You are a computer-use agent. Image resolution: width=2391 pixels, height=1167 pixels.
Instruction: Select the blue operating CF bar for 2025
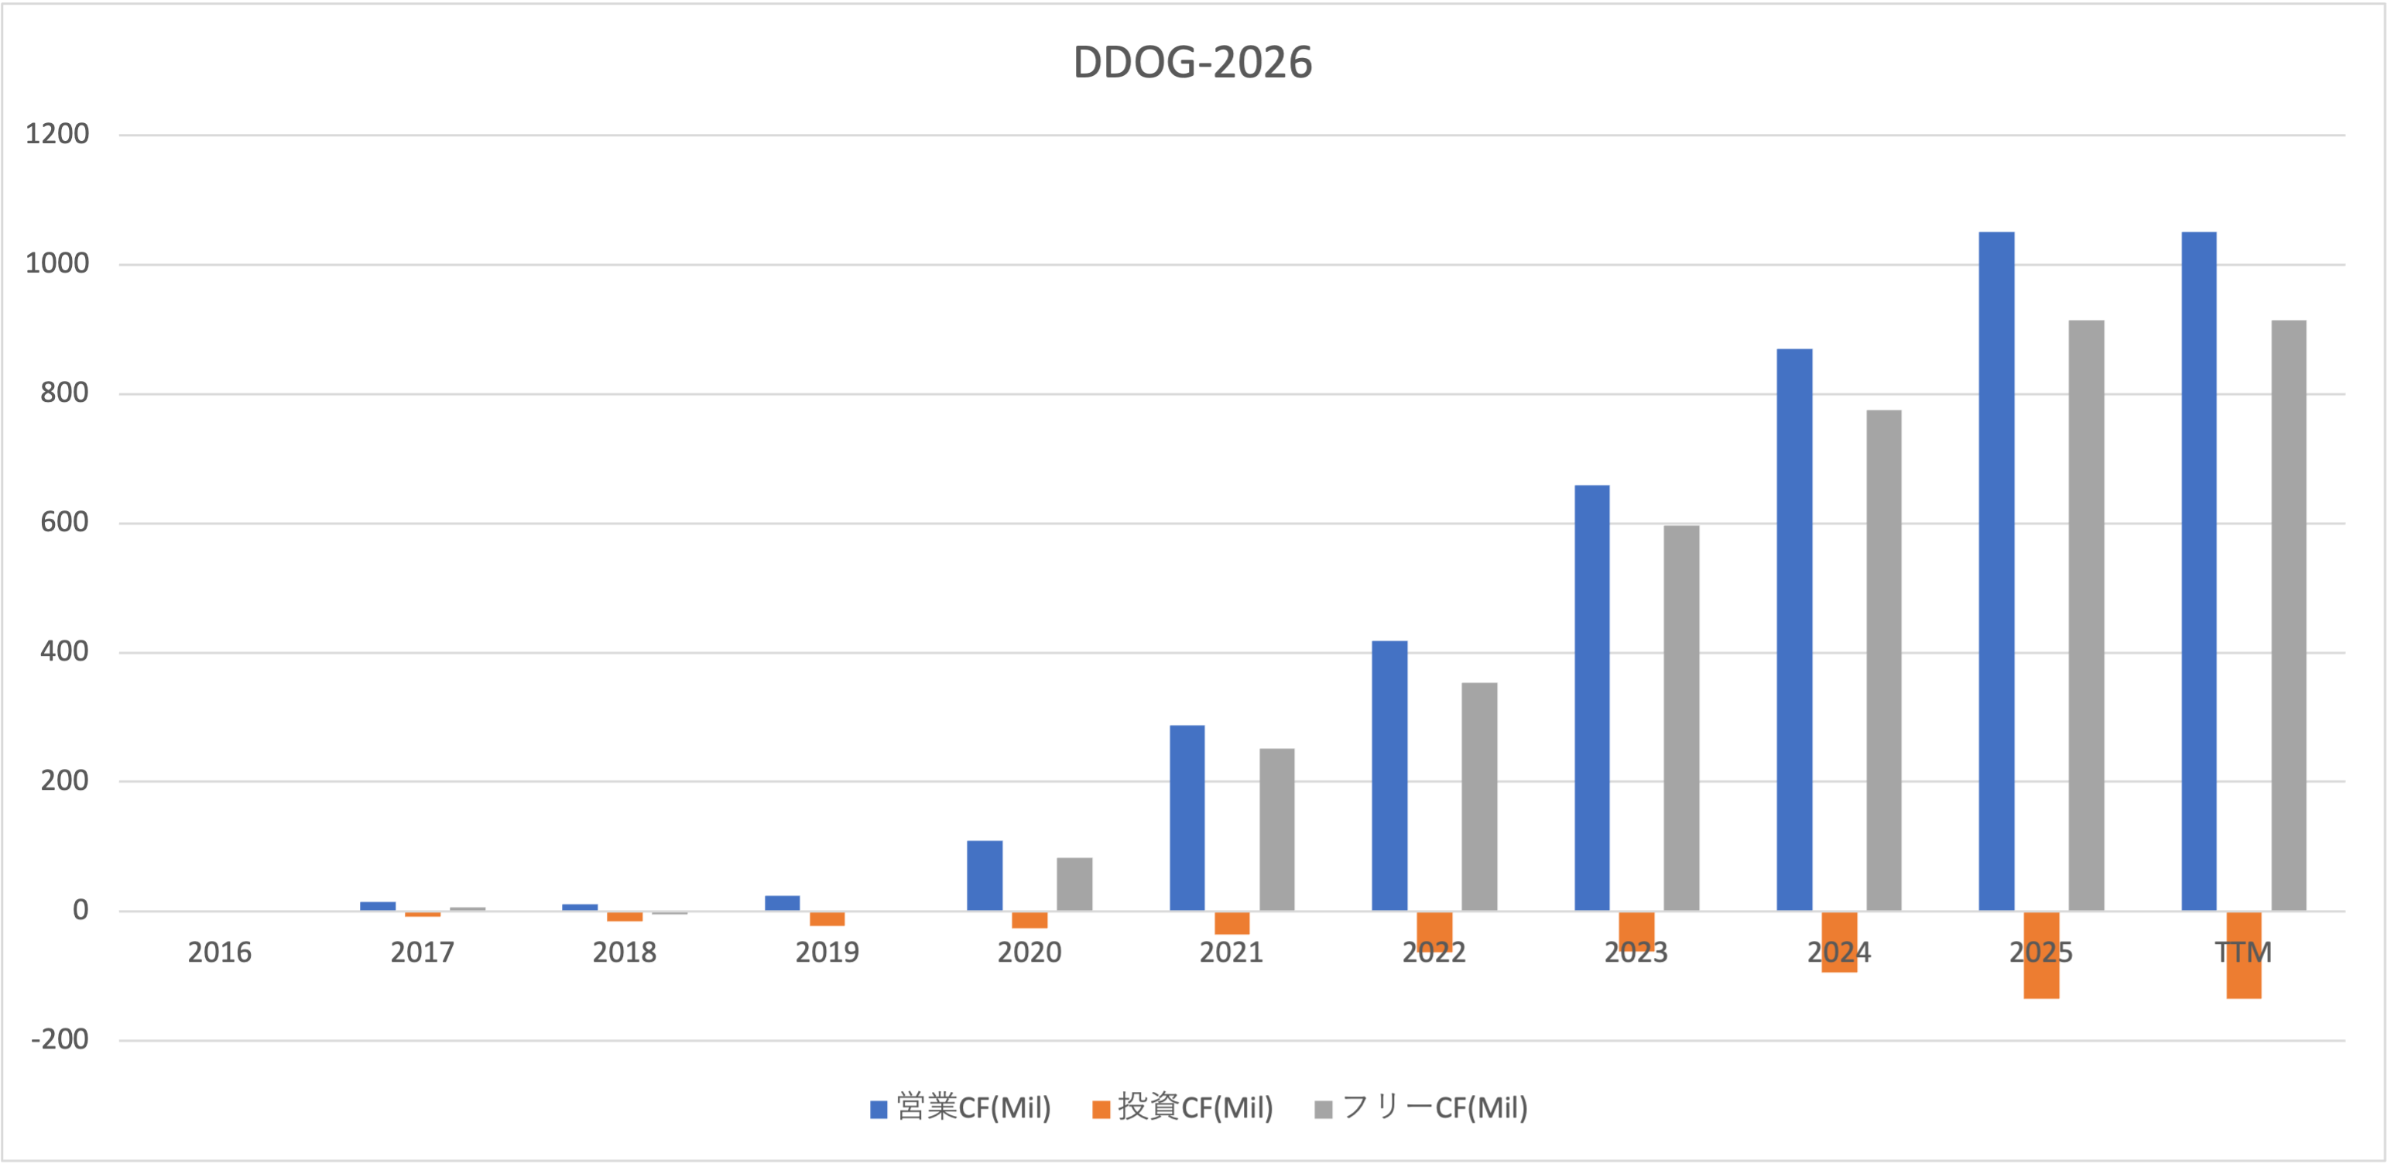coord(1996,571)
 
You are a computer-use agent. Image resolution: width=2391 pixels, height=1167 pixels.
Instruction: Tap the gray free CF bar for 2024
coord(1884,660)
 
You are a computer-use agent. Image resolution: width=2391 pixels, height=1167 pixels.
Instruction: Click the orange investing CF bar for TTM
coord(2243,954)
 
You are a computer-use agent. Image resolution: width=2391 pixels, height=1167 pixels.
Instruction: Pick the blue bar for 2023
coord(1592,697)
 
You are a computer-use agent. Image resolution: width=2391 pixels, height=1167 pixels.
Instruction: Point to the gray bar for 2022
coord(1479,797)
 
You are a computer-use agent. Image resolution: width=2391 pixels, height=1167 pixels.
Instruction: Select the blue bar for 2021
coord(1187,818)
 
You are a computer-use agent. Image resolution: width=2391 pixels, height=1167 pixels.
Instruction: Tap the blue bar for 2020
coord(985,876)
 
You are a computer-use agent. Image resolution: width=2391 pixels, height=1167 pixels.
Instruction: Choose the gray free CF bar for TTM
coord(2289,616)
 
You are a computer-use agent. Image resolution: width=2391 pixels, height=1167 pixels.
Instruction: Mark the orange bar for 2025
coord(2041,954)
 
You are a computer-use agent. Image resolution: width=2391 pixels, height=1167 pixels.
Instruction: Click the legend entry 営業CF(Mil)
coord(960,1107)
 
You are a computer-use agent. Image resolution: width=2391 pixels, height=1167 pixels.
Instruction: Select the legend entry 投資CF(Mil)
coord(1183,1107)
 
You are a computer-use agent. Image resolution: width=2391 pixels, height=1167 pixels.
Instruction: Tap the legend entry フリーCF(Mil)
coord(1421,1107)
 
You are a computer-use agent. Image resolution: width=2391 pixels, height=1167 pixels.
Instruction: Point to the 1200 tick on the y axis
coord(57,135)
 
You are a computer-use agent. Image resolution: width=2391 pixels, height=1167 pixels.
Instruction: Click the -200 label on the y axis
coord(60,1040)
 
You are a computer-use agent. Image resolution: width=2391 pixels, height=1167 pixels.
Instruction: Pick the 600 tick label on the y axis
coord(64,523)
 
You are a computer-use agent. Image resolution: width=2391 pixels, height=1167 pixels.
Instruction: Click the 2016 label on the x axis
coord(220,952)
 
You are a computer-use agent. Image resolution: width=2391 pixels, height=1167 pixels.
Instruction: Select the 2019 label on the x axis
coord(827,952)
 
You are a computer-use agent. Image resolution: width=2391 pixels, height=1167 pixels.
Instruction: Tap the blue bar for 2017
coord(378,906)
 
